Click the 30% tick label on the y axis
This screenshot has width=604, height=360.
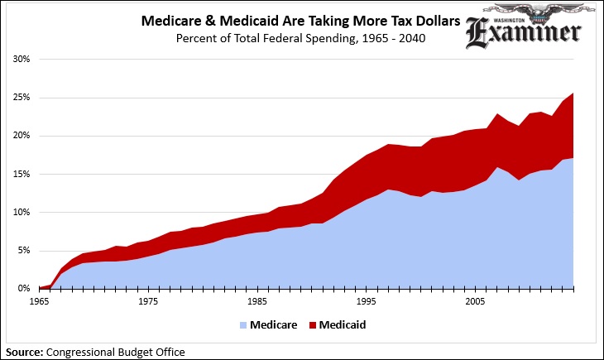coord(22,60)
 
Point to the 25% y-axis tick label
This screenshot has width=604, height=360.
coord(22,98)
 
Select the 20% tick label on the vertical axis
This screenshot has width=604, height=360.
coord(22,136)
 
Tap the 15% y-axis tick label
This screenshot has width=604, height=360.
coord(22,174)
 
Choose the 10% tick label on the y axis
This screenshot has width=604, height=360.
coord(22,212)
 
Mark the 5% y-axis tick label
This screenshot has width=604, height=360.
coord(24,250)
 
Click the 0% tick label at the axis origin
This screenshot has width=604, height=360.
coord(24,288)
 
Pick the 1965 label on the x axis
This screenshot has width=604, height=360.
coord(39,302)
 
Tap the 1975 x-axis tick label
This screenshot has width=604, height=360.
coord(148,302)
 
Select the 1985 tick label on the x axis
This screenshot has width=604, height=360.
coord(256,302)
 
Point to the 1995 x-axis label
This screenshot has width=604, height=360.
coord(365,302)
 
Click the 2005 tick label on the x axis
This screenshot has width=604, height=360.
coord(473,302)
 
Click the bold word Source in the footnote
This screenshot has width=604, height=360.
coord(23,352)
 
